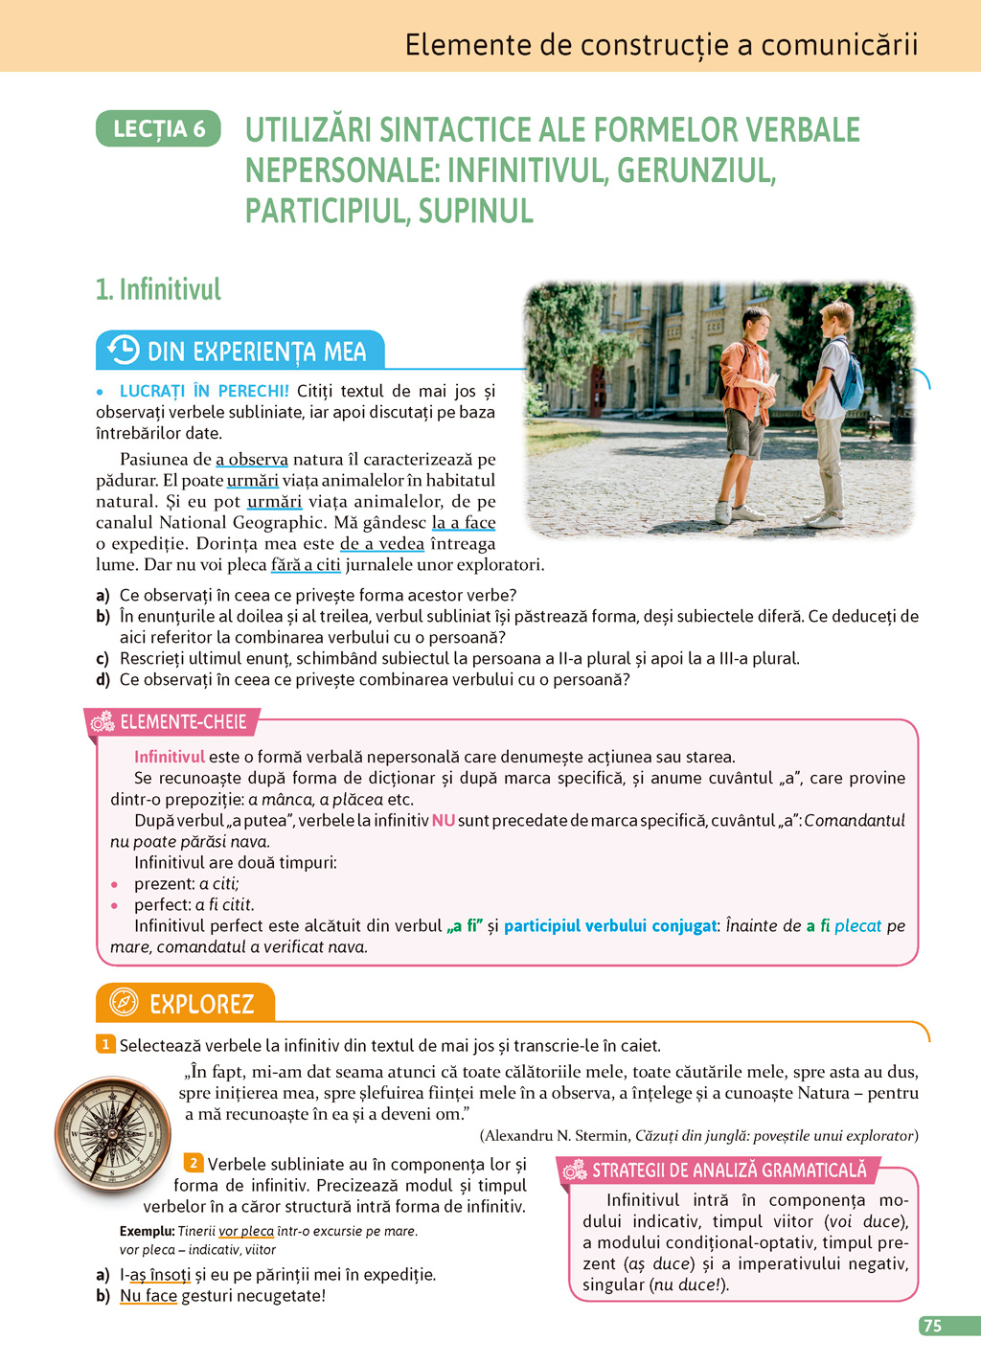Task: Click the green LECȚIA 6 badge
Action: [158, 129]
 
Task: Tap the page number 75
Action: [932, 1326]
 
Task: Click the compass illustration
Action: [112, 1134]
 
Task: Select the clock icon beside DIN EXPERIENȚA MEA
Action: [123, 351]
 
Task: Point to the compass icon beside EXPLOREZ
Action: [124, 1003]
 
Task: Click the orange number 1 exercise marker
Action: [105, 1044]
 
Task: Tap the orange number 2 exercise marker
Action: [194, 1163]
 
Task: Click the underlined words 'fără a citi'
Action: [306, 565]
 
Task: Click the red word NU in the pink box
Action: [443, 820]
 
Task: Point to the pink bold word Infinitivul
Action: [170, 757]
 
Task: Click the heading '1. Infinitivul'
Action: [158, 289]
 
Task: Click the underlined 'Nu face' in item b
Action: [148, 1296]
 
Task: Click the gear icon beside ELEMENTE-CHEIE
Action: [103, 722]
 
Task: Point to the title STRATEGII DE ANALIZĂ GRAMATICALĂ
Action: [728, 1171]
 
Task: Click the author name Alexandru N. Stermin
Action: [555, 1136]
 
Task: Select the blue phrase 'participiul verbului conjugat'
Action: [610, 926]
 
